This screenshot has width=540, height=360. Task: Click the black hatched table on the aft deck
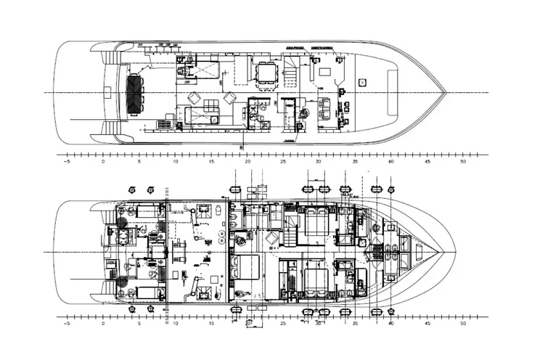pyautogui.click(x=136, y=93)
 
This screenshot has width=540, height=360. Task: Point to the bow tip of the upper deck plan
pyautogui.click(x=445, y=93)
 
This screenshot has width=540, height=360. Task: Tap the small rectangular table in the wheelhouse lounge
pyautogui.click(x=324, y=72)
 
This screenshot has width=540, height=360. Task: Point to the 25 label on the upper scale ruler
pyautogui.click(x=282, y=163)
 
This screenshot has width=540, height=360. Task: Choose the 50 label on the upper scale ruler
pyautogui.click(x=462, y=163)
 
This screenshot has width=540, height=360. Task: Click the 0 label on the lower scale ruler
pyautogui.click(x=103, y=323)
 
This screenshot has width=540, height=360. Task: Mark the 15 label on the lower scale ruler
pyautogui.click(x=210, y=323)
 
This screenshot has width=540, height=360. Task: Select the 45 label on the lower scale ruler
pyautogui.click(x=427, y=323)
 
